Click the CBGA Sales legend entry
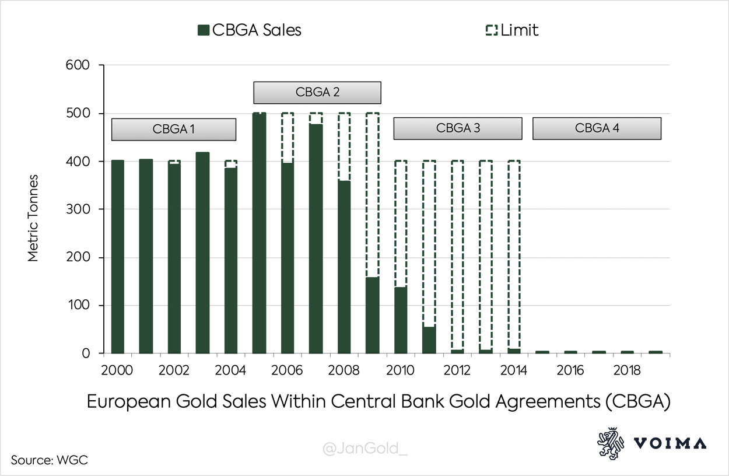250,30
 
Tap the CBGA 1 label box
173,129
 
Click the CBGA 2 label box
317,92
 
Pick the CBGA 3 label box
458,128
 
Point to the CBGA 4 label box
597,128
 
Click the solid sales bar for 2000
118,257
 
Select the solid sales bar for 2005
260,233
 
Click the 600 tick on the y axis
78,65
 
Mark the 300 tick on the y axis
78,209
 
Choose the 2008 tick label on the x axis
344,370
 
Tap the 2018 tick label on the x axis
628,370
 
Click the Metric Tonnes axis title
33,218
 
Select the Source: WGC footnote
50,460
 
